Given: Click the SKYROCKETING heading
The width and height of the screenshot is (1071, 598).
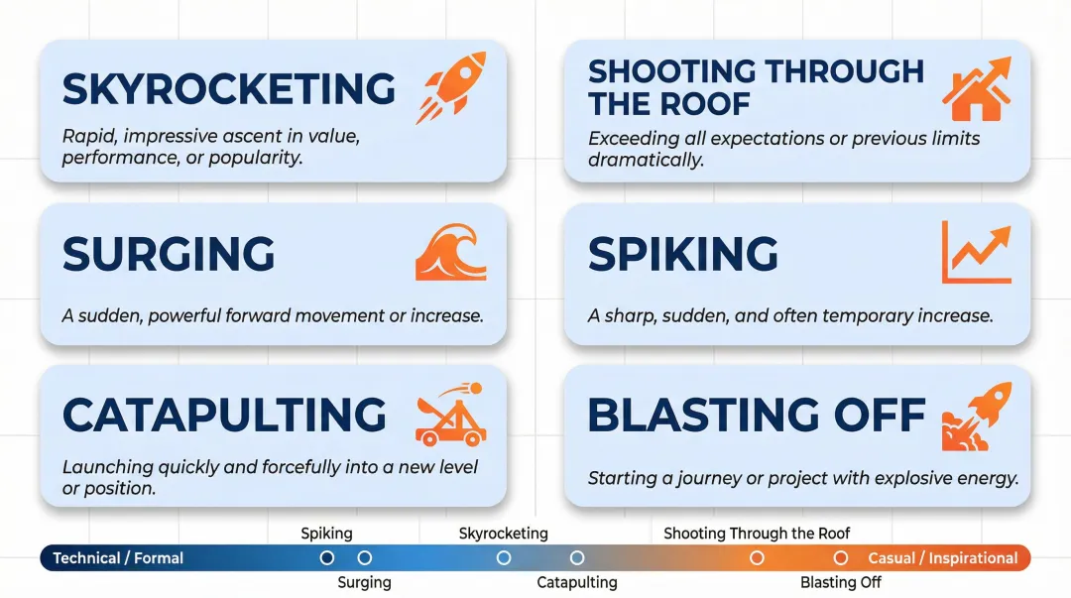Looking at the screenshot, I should (x=228, y=89).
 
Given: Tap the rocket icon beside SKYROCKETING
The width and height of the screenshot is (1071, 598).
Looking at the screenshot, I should (x=451, y=87).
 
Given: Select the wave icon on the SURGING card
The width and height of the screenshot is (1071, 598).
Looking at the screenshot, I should (x=450, y=253).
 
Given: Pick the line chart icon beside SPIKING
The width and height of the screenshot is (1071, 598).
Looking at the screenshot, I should (x=976, y=252).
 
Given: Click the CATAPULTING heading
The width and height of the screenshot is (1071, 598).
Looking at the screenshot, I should (x=224, y=416).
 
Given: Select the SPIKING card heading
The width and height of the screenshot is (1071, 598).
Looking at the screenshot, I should (x=682, y=254).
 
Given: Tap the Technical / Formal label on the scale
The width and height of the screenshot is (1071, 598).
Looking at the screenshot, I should (x=118, y=558).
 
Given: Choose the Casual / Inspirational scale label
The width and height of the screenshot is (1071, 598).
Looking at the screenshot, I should (x=943, y=558).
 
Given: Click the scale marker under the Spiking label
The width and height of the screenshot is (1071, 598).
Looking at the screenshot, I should (x=327, y=558).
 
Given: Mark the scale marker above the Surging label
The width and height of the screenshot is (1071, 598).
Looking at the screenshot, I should (x=365, y=558).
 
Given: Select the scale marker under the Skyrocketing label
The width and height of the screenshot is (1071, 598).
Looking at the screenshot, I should (x=504, y=558).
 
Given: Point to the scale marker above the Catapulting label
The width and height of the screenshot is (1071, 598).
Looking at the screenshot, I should (x=577, y=558).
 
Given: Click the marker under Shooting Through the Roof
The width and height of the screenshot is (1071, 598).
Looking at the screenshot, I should (x=757, y=558).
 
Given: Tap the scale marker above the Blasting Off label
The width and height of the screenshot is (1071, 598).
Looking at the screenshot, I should (x=841, y=558).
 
